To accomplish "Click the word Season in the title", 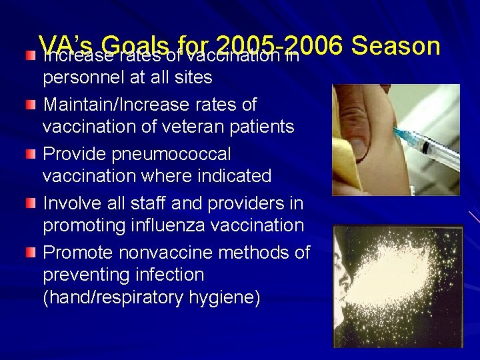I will [396, 46].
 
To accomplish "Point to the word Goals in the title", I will [137, 46].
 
